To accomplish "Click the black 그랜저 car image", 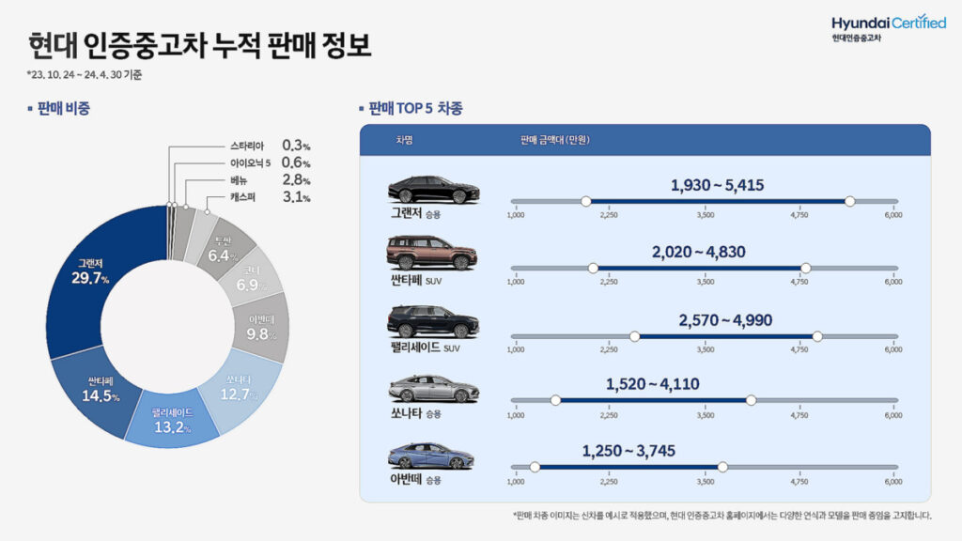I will point(433,189).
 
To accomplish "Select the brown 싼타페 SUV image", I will point(432,253).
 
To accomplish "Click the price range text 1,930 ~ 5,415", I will point(717,185).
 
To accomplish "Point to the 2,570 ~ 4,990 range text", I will point(725,320).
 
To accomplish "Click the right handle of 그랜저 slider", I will point(850,201).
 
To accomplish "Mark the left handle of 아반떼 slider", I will point(535,467).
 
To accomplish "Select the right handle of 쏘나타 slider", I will point(751,400).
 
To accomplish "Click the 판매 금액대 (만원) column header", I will point(554,140).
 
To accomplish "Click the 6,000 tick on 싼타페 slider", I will point(892,282).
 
